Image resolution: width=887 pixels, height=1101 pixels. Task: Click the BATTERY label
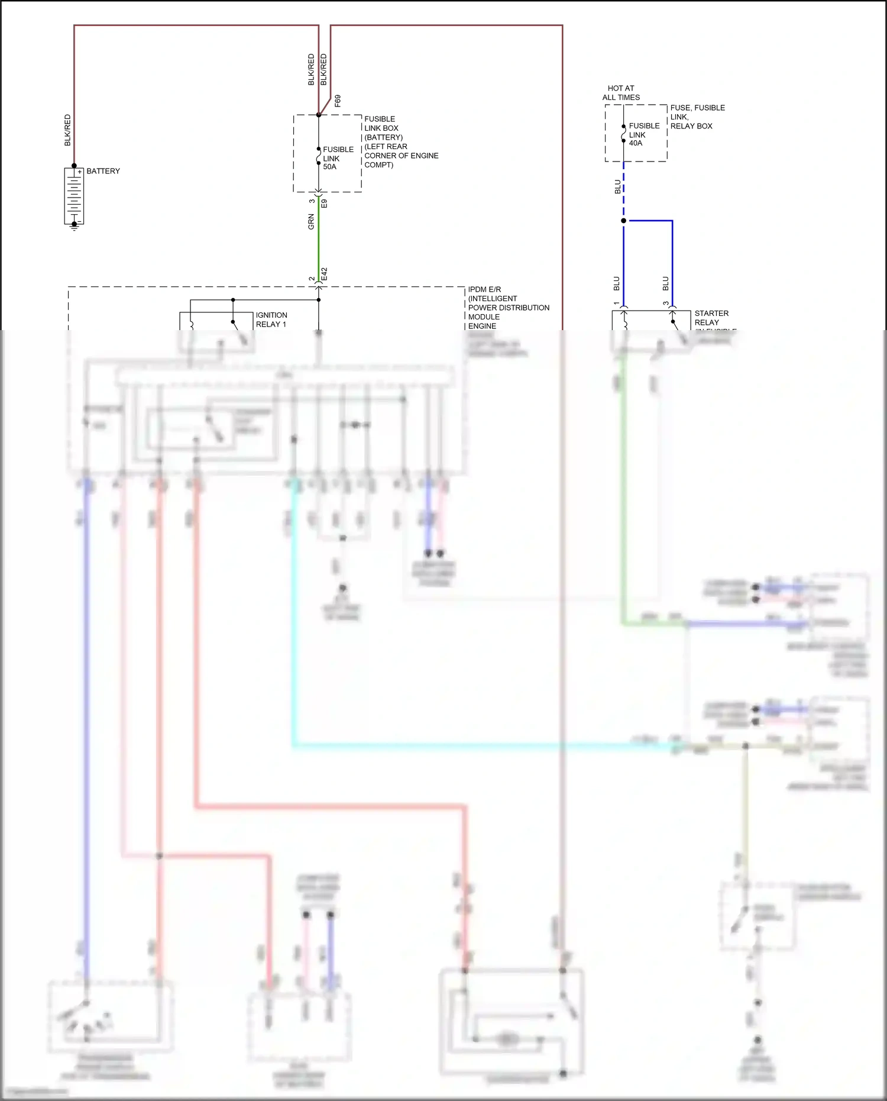(x=103, y=171)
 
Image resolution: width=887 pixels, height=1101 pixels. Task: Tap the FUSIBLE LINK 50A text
(x=338, y=158)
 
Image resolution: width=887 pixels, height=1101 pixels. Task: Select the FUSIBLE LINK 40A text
(x=643, y=134)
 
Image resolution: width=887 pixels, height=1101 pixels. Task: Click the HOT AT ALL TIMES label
(x=621, y=93)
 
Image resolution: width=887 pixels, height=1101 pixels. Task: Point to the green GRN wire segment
(x=319, y=237)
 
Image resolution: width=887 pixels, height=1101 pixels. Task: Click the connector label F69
(x=338, y=100)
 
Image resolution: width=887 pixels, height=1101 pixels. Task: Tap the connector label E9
(x=324, y=204)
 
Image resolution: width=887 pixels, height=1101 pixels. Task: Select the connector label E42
(x=324, y=274)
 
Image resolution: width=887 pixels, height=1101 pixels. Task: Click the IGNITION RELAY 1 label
(x=271, y=319)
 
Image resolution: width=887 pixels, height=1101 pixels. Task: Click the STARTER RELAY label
(x=711, y=318)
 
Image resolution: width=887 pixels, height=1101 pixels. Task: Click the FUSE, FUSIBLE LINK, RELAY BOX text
(x=697, y=117)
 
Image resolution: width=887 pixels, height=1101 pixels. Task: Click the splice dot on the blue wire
(x=623, y=221)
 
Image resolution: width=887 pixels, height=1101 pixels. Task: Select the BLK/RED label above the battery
(x=67, y=130)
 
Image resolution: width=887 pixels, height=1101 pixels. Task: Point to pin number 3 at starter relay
(x=666, y=303)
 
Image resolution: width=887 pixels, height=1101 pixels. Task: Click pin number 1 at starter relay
(x=617, y=303)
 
